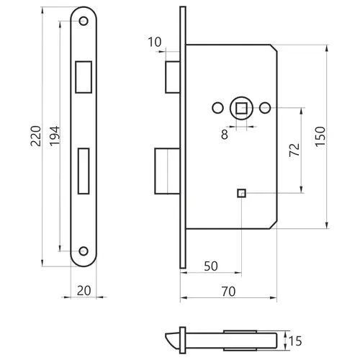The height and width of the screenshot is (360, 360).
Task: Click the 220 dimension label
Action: [x=36, y=136]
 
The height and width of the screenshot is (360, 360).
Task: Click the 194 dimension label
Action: [x=55, y=136]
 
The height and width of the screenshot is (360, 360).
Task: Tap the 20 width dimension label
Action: [x=84, y=291]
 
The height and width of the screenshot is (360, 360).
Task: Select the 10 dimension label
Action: [x=155, y=42]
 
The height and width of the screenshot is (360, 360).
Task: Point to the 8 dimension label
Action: [x=225, y=135]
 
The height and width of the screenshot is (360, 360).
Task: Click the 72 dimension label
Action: [x=294, y=150]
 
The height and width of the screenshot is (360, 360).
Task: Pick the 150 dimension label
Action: [x=320, y=136]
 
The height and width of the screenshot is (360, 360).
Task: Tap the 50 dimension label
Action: [x=211, y=266]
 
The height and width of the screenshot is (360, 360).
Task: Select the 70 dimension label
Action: [x=228, y=292]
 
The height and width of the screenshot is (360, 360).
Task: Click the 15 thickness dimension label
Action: [x=295, y=341]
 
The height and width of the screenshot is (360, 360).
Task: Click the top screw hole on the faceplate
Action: [x=84, y=21]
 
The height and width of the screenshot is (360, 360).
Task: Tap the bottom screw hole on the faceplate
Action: [x=84, y=251]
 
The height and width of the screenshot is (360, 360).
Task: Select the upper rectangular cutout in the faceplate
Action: [x=84, y=77]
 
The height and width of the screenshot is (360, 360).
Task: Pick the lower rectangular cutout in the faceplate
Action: [x=84, y=171]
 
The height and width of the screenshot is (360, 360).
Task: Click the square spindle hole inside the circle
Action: [x=241, y=108]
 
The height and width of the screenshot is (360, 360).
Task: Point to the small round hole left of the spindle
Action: [x=218, y=108]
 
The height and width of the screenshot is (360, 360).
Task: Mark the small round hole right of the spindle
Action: [x=265, y=108]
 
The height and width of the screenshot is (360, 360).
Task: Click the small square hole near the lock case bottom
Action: [x=241, y=193]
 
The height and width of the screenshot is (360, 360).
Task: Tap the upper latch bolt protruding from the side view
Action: [x=173, y=77]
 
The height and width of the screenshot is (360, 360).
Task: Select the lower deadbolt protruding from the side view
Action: [x=167, y=171]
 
